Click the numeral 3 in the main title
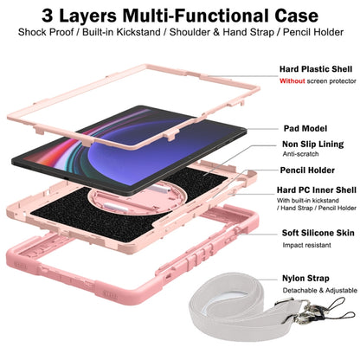(48, 16)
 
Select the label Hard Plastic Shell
(316, 69)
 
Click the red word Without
(292, 81)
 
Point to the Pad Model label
(305, 128)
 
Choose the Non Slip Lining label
(313, 145)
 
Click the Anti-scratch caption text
(300, 154)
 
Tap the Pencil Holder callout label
(307, 170)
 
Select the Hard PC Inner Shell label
(317, 190)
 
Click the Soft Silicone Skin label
(318, 233)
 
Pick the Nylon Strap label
(305, 279)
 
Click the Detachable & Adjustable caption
(320, 291)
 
